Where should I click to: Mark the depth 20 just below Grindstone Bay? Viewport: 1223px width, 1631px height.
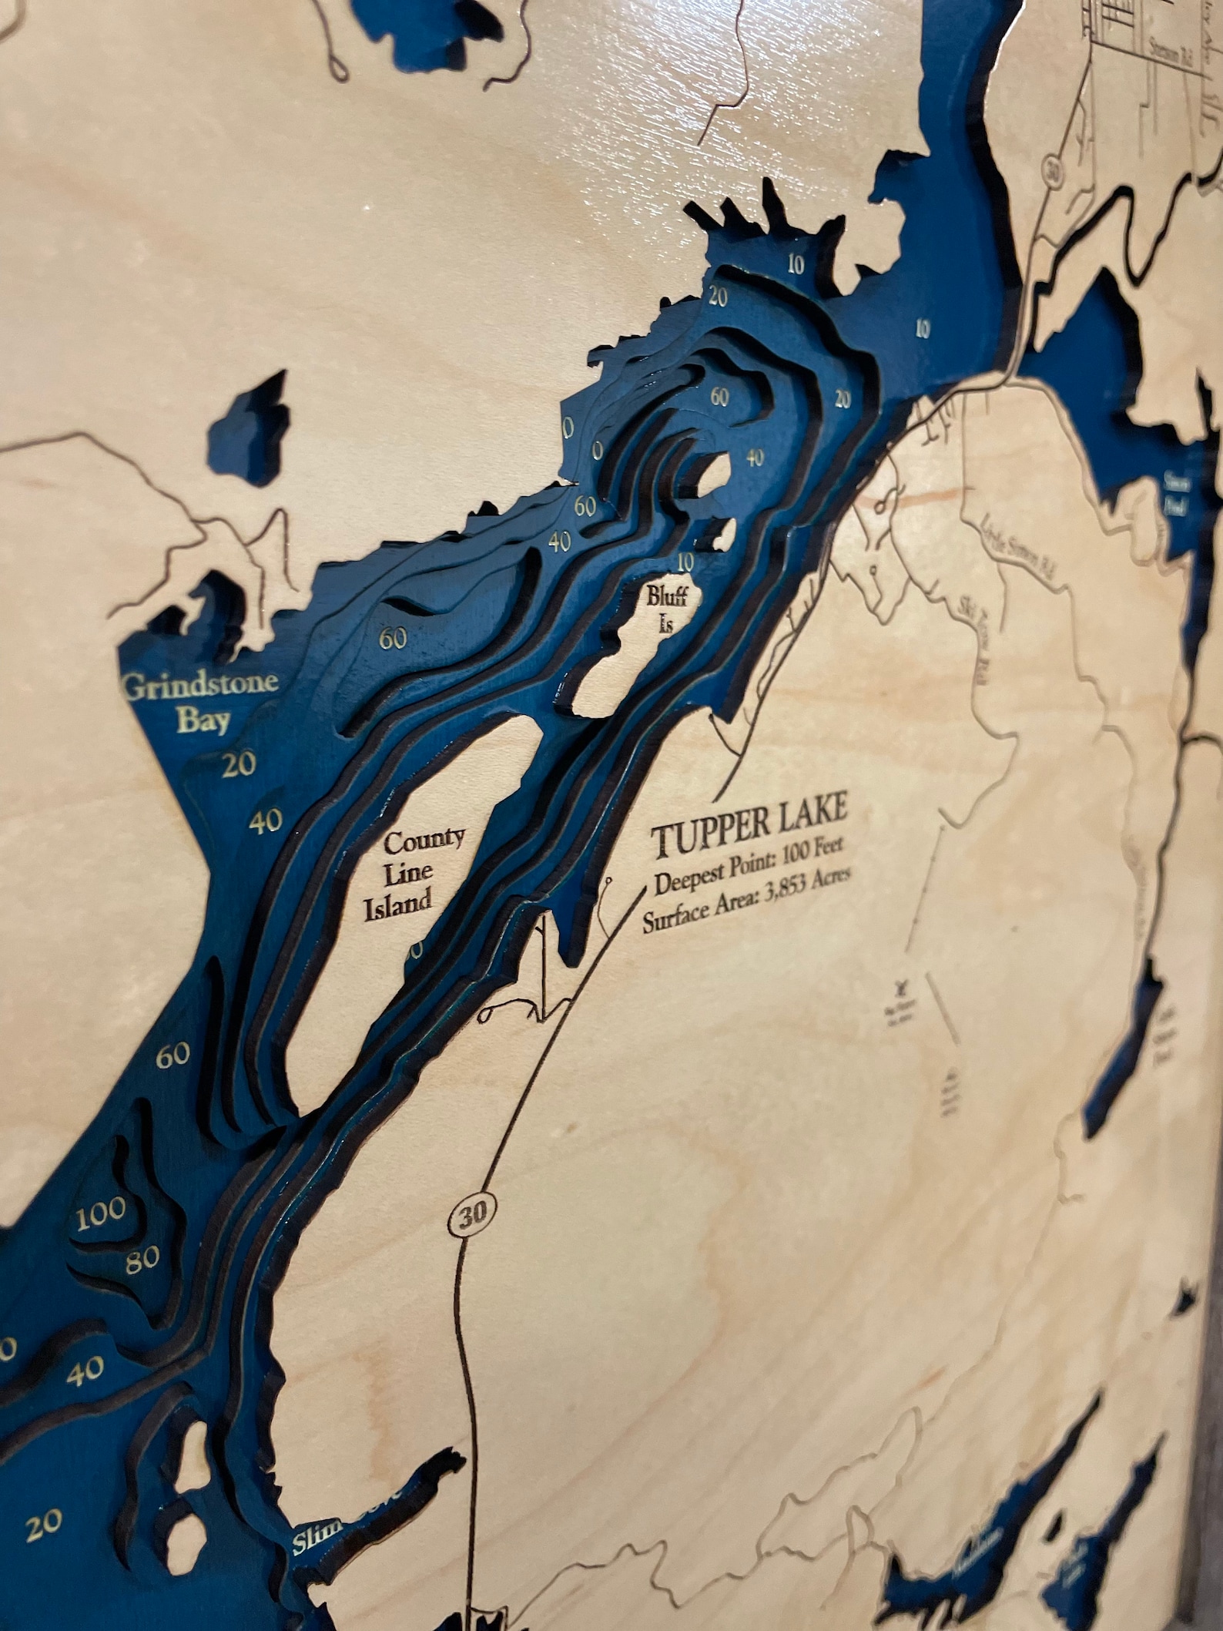tap(237, 765)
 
